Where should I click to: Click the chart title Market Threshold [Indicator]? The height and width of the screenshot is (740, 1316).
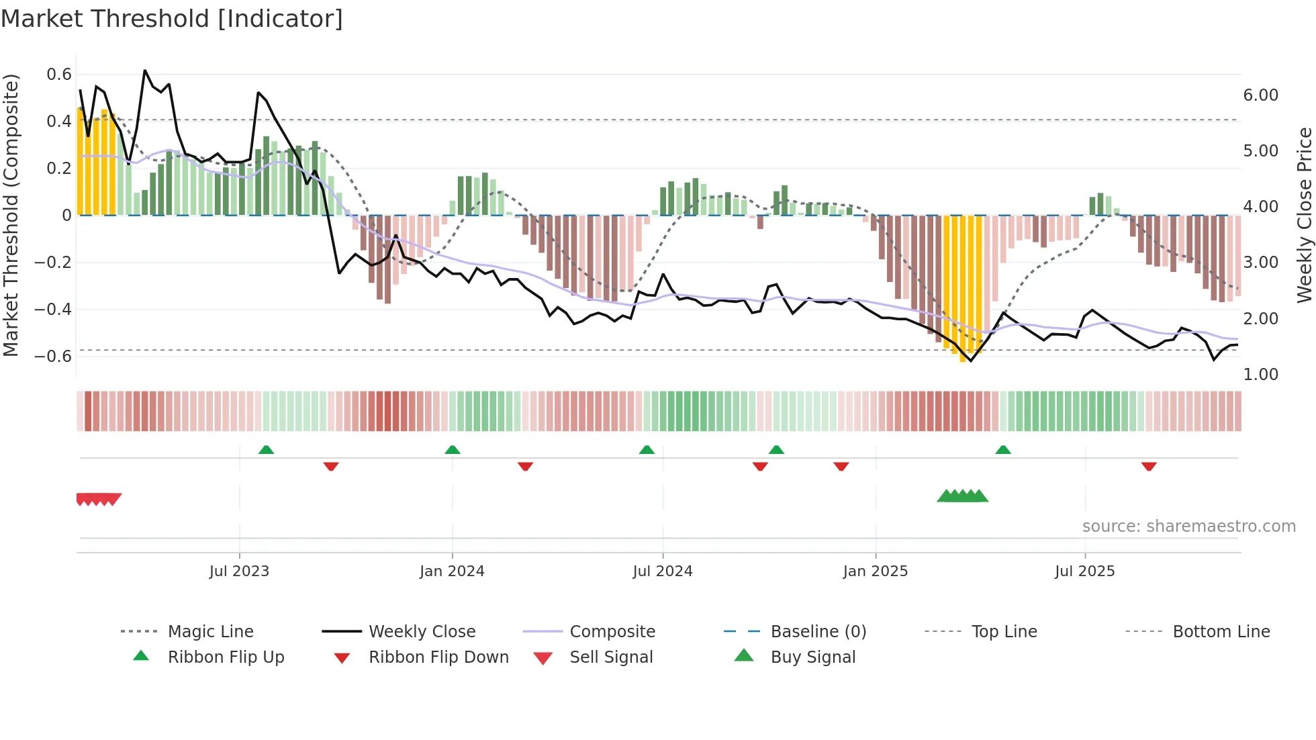coord(172,19)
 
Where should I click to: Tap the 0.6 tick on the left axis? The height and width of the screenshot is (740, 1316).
coord(59,75)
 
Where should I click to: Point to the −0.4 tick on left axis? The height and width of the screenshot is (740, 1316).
coord(53,310)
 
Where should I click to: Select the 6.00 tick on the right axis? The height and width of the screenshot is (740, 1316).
coord(1260,95)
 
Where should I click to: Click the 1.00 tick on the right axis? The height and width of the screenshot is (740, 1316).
coord(1260,375)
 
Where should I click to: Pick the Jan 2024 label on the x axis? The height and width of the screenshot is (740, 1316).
coord(452,571)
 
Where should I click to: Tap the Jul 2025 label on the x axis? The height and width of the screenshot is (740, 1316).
coord(1084,571)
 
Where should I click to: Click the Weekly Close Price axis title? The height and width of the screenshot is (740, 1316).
coord(1304,215)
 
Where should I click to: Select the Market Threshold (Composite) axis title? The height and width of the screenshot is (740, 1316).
coord(11,215)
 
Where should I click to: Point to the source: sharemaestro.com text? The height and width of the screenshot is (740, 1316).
coord(1188,526)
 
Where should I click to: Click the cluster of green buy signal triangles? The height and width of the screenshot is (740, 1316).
coord(962,496)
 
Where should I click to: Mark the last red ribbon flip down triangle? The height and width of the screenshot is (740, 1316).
coord(1149,466)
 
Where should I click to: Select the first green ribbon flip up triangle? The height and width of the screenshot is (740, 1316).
coord(266,450)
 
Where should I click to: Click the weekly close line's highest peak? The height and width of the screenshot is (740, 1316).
coord(145,71)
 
